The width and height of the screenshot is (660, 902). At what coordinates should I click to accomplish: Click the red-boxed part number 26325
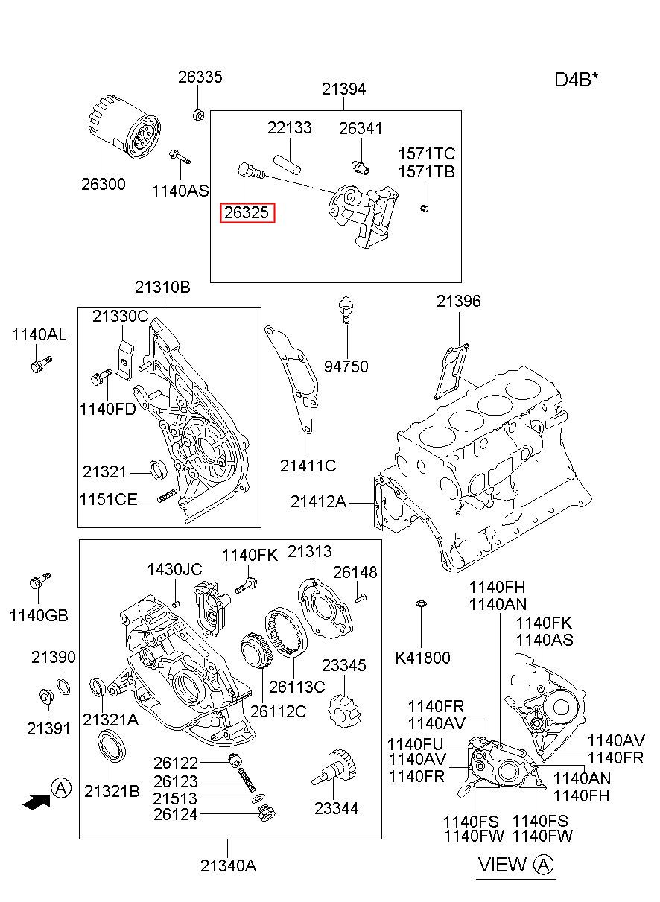point(247,212)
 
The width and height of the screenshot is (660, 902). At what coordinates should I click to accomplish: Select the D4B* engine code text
point(577,80)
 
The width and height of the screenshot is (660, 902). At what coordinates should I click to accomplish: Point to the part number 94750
point(346,367)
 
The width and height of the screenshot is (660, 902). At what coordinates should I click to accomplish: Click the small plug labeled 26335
point(198,115)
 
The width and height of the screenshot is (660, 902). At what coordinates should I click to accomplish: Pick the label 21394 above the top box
point(343,89)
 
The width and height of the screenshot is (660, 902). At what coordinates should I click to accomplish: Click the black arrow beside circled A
point(37,801)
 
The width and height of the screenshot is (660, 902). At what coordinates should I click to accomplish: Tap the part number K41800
point(422,658)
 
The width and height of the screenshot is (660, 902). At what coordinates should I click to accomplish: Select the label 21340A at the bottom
point(229,865)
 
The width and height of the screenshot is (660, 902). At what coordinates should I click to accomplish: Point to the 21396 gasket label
point(459,301)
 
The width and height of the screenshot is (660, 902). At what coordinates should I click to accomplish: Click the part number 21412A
point(318,502)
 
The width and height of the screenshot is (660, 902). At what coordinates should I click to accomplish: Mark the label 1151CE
point(109,499)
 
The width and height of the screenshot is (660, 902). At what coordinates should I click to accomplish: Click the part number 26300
point(104,185)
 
